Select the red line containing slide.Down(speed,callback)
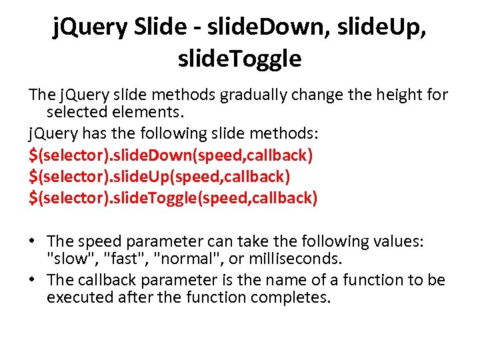[171, 155]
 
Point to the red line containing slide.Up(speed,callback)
[159, 177]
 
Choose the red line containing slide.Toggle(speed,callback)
[173, 198]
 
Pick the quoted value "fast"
[118, 259]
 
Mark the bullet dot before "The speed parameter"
[33, 241]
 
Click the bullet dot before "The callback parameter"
[33, 280]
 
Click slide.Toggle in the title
[240, 59]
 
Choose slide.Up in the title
[382, 28]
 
